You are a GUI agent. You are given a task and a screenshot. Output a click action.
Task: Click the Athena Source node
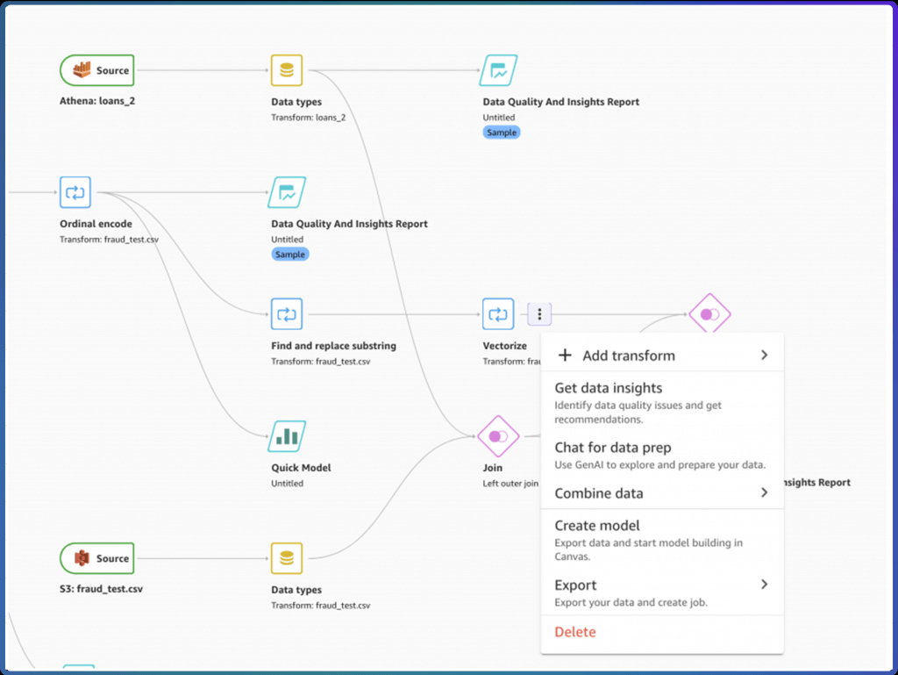97,70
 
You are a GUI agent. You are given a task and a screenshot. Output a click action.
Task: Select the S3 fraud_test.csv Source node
97,558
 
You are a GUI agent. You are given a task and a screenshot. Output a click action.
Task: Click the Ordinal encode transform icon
75,192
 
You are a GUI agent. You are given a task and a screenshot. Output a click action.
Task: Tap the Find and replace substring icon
287,314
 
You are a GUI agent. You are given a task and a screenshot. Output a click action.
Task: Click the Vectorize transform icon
498,314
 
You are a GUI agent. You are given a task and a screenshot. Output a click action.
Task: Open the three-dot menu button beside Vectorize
539,314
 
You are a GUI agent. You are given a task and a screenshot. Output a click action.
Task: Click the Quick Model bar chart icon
287,436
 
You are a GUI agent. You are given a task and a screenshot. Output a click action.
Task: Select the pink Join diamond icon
498,436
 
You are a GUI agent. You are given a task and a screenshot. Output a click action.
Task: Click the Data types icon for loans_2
287,70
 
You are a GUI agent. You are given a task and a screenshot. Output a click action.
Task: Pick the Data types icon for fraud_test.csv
287,558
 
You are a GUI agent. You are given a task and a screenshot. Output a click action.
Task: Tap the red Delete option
575,631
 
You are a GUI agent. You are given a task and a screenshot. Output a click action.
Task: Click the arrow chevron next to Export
764,585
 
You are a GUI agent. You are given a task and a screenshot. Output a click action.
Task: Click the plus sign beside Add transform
565,355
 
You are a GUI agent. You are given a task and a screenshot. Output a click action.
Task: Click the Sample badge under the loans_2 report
502,133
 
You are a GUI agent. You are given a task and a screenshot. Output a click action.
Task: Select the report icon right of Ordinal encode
287,192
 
